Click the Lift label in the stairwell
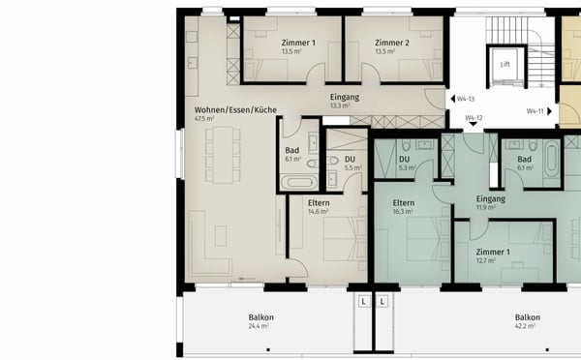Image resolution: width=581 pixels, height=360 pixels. coord(505,65)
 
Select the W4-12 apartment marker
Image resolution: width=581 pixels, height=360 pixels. coord(473,118)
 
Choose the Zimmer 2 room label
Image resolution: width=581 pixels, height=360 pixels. coord(392,44)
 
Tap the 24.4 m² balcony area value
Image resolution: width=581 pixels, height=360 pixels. coord(260,326)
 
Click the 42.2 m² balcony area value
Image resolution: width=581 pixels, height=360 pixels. coord(528,326)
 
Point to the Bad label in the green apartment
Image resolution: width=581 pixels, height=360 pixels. coord(525,159)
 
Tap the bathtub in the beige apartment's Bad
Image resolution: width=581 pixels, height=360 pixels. coord(297,180)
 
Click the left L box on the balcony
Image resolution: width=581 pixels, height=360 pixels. coord(363,301)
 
